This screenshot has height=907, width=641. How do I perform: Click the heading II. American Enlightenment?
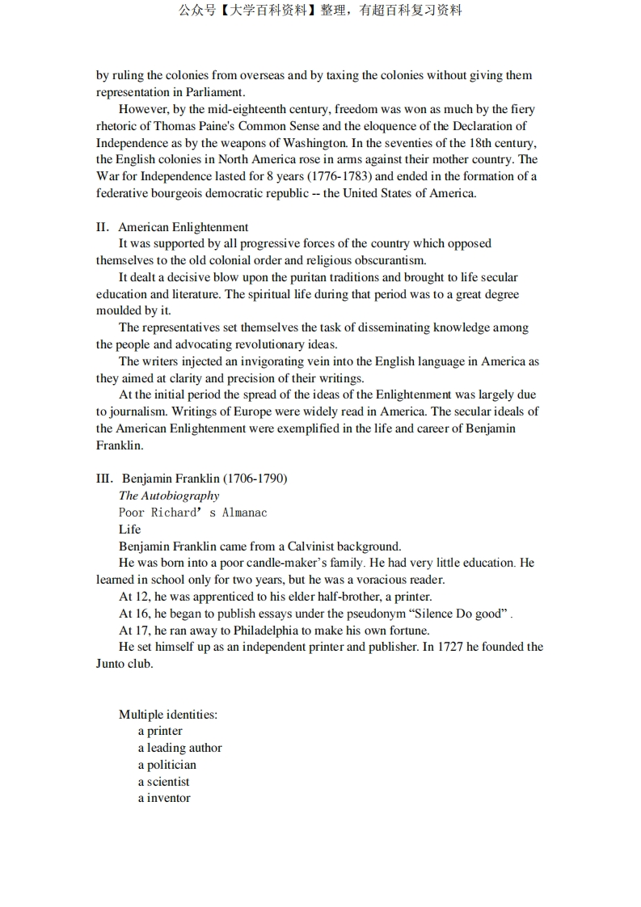pyautogui.click(x=172, y=227)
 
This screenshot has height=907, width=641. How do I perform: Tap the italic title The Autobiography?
pyautogui.click(x=169, y=496)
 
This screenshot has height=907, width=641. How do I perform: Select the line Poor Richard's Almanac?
pyautogui.click(x=192, y=513)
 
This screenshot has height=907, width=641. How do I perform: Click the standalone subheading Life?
pyautogui.click(x=129, y=529)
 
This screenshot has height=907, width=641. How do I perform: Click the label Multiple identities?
pyautogui.click(x=168, y=715)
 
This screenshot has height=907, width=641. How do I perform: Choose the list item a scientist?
pyautogui.click(x=163, y=782)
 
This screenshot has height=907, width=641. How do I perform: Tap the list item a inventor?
pyautogui.click(x=164, y=798)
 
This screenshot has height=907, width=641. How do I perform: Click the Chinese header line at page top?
pyautogui.click(x=320, y=11)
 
